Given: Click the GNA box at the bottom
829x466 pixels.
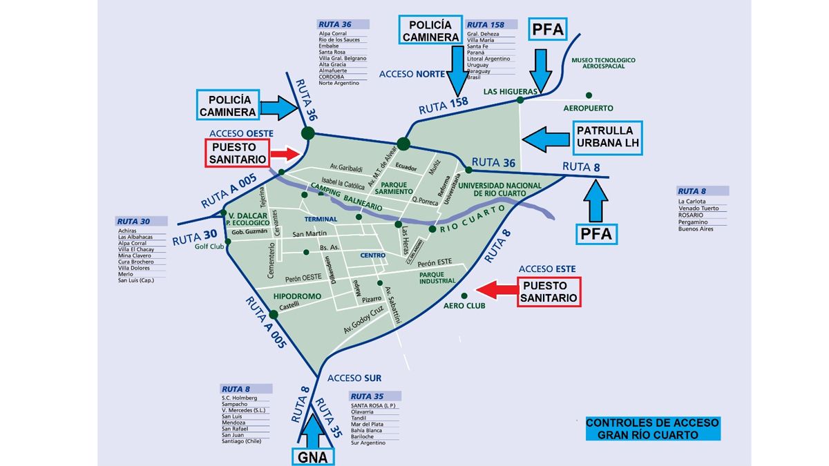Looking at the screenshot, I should point(313,456).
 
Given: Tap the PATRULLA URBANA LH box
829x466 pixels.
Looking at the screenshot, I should point(607,137).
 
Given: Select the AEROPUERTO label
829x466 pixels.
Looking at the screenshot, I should point(588,108).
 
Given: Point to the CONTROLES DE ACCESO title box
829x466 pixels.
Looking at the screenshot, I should point(652,428).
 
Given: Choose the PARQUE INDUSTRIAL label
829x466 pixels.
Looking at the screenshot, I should point(437,277).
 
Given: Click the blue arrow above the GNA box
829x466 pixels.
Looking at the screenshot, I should point(313,429).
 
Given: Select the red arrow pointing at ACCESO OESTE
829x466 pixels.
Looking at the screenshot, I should point(285,153).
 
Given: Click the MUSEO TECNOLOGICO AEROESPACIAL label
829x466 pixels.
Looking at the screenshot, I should point(603,64).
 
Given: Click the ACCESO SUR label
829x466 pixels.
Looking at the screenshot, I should point(354,378).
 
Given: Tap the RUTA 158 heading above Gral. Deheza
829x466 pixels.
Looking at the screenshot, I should point(486,25).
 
